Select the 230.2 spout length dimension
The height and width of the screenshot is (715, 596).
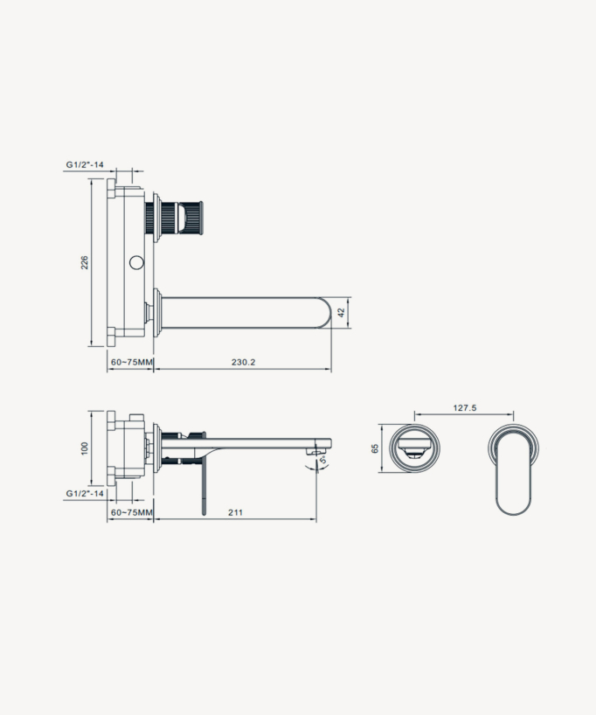(243, 361)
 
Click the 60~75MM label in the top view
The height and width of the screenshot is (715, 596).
(131, 361)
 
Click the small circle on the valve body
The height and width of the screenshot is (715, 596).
(135, 262)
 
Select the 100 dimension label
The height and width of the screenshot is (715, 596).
(85, 447)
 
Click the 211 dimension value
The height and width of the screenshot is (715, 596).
(235, 512)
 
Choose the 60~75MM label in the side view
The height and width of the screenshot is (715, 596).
(131, 512)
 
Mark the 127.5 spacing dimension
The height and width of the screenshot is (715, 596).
(465, 407)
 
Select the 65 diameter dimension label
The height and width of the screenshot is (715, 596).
(375, 448)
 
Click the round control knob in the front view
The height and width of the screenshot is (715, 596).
(414, 448)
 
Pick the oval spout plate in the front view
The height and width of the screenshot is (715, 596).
(514, 469)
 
